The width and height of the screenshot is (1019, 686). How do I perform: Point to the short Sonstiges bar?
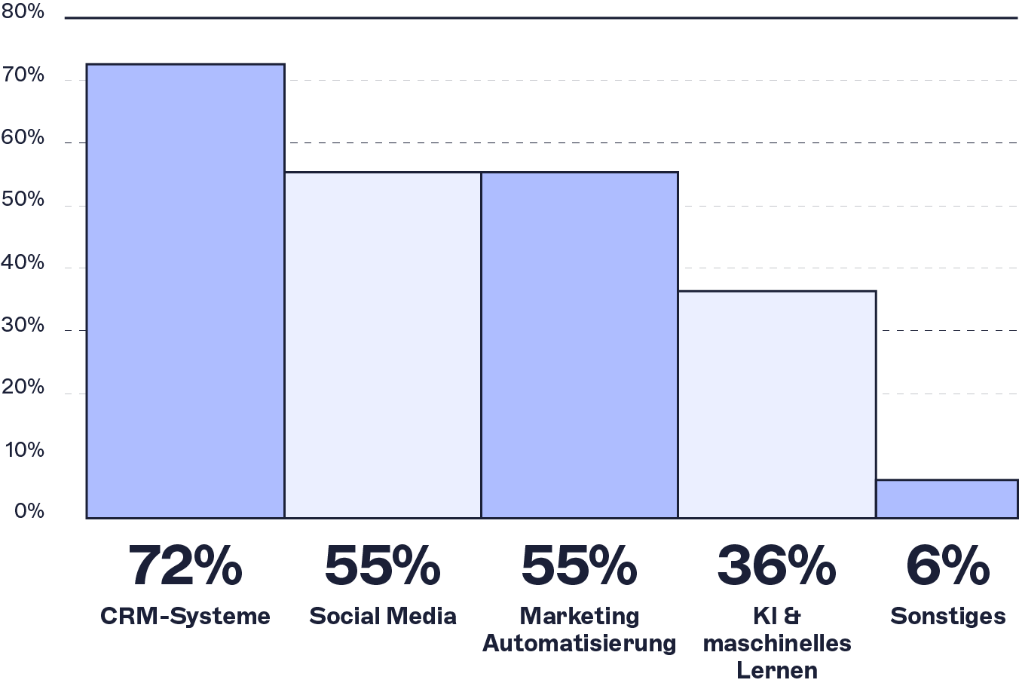(947, 499)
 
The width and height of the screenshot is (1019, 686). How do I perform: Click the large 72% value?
(185, 566)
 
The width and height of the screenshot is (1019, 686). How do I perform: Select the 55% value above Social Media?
(383, 566)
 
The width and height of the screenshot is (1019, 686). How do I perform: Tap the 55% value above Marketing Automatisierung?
(580, 566)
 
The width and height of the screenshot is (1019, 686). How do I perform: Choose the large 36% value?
(776, 566)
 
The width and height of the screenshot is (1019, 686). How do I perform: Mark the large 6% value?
(947, 566)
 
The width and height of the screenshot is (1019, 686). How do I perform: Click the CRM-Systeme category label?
(185, 616)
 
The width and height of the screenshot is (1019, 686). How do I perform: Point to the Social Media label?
(383, 616)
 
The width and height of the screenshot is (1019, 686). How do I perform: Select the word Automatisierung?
(580, 644)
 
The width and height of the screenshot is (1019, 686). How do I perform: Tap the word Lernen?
(776, 670)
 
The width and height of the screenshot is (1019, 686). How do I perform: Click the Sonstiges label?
(947, 616)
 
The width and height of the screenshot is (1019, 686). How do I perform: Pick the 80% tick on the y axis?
(23, 13)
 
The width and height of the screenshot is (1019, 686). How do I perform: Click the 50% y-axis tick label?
(23, 201)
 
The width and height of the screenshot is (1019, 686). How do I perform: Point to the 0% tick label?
(28, 512)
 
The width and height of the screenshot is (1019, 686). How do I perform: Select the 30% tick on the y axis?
(23, 326)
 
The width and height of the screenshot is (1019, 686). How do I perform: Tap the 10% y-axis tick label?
(24, 450)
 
